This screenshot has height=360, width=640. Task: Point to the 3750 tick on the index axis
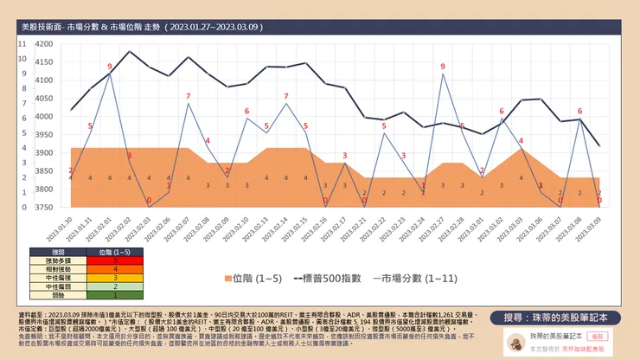pyautogui.click(x=43, y=207)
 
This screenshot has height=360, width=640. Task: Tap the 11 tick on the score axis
pyautogui.click(x=22, y=43)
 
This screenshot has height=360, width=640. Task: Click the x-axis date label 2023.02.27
pyautogui.click(x=442, y=228)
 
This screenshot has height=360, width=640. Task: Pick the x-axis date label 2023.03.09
pyautogui.click(x=598, y=228)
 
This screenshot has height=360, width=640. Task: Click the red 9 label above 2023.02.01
pyautogui.click(x=110, y=67)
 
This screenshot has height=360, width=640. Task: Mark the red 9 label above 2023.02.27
pyautogui.click(x=443, y=67)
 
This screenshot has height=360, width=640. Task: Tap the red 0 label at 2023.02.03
pyautogui.click(x=149, y=201)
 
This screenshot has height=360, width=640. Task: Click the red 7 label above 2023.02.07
pyautogui.click(x=188, y=95)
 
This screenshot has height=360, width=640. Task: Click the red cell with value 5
pyautogui.click(x=116, y=260)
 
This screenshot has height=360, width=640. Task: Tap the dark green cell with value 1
pyautogui.click(x=116, y=296)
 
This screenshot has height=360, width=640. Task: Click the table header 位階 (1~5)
pyautogui.click(x=116, y=251)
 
